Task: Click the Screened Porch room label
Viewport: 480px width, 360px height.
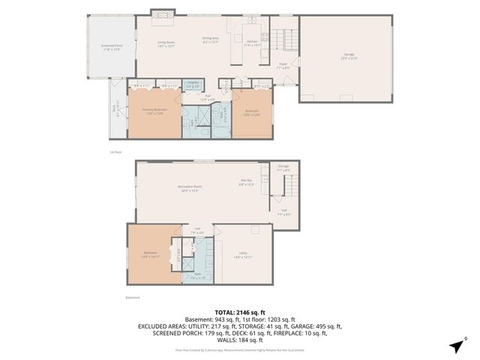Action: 111,48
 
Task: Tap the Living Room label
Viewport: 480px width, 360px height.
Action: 166,44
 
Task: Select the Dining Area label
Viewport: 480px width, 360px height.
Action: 211,40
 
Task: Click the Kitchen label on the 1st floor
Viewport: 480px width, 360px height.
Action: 253,43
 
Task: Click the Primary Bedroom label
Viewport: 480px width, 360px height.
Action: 154,112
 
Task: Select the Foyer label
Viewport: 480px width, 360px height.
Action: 283,65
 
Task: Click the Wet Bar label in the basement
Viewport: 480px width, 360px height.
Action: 246,182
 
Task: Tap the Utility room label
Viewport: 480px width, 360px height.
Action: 241,256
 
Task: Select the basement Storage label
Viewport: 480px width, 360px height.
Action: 283,168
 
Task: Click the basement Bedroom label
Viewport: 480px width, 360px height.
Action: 150,254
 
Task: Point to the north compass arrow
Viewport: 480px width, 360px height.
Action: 456,346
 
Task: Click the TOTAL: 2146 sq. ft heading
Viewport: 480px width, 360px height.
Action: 240,312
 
